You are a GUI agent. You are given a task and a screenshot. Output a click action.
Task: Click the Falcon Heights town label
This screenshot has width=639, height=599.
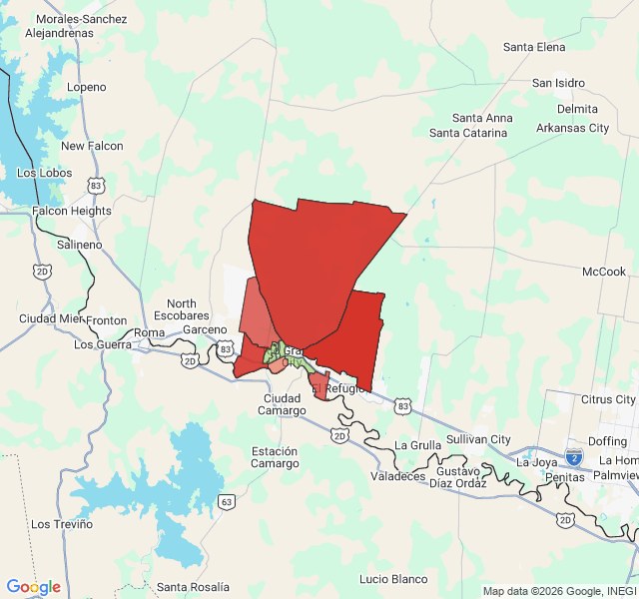pos(72,211)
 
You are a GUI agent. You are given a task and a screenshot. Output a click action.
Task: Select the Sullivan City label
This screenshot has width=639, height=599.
pos(478,439)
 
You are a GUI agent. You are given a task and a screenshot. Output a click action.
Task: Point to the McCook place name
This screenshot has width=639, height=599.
pos(604,272)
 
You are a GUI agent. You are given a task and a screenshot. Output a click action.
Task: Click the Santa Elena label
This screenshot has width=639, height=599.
pos(534,47)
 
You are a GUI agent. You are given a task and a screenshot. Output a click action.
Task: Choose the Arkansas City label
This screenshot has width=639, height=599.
pos(572,128)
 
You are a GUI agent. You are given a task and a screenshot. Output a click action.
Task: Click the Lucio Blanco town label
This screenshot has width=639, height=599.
pos(393,579)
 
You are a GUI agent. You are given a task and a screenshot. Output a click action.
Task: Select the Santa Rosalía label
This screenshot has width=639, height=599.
pos(194,586)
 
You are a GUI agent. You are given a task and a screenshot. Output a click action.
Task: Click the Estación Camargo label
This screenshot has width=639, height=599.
pos(275,457)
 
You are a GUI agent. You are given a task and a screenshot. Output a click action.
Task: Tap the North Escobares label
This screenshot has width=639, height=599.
pos(182,310)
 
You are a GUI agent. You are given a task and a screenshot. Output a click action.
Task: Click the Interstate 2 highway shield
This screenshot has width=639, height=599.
pos(574,457)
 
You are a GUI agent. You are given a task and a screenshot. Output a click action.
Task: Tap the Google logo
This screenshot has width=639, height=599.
pos(33,587)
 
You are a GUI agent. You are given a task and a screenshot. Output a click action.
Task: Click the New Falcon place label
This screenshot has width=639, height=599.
pos(92,146)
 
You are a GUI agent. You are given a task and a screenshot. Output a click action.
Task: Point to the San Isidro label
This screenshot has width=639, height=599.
pos(558,83)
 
